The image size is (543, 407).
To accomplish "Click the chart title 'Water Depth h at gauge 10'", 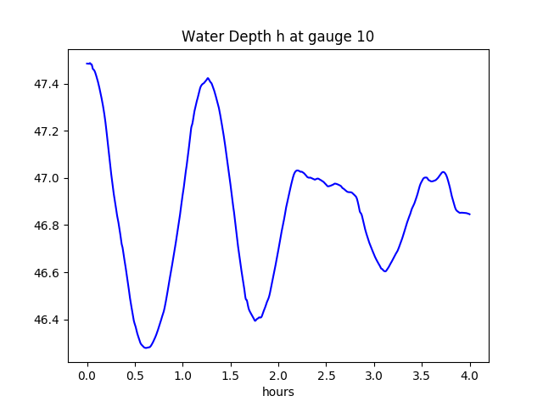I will pos(277,37).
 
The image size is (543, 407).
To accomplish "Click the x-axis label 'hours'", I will pos(277,393).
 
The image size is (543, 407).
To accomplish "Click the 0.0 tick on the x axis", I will pos(87,375).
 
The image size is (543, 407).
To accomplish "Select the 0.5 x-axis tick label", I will pos(135,375).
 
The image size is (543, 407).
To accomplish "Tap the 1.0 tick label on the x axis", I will pos(183,375).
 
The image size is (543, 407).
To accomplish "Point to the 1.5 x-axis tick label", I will pos(231,375).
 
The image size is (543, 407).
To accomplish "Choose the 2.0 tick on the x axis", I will pos(278,375).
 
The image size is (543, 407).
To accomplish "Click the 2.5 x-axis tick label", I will pos(327,375).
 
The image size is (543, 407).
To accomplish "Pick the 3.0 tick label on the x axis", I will pos(374,375).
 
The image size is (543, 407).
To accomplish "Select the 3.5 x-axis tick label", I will pos(422,375).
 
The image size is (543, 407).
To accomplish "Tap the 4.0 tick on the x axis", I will pos(470,375).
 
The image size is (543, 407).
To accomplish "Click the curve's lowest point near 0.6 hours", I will pos(146,348).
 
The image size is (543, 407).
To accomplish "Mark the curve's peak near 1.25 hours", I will pos(208,78).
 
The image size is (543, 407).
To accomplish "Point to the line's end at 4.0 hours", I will pos(470,215).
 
